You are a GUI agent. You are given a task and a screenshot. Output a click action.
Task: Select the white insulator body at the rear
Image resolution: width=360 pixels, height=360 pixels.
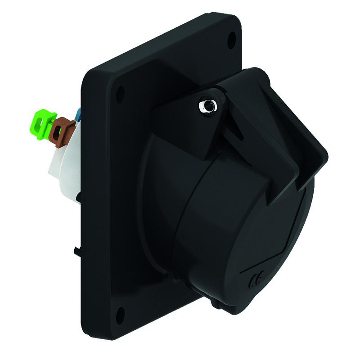63,171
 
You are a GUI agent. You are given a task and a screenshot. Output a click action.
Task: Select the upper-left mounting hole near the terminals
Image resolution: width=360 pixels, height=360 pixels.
120,94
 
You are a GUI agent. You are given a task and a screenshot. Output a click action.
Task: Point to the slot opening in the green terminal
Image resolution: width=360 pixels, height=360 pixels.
43,126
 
